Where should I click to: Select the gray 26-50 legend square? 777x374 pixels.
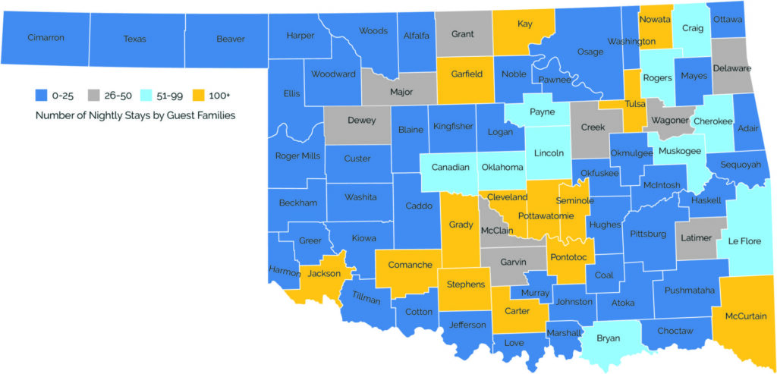click(94, 96)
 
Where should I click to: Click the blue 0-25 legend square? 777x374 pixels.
click(42, 96)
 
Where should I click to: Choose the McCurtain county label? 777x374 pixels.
click(745, 316)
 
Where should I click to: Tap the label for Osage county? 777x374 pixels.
click(590, 52)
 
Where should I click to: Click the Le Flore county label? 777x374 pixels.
click(744, 241)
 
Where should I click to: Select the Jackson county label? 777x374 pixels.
click(323, 272)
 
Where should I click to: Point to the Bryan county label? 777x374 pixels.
click(608, 337)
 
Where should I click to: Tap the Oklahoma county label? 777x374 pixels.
click(503, 167)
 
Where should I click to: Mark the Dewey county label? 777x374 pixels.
click(361, 120)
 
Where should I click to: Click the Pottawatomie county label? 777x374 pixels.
click(546, 216)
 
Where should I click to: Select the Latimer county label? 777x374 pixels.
click(696, 238)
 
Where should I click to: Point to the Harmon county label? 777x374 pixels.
click(285, 270)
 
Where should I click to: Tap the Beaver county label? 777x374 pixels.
click(230, 39)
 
